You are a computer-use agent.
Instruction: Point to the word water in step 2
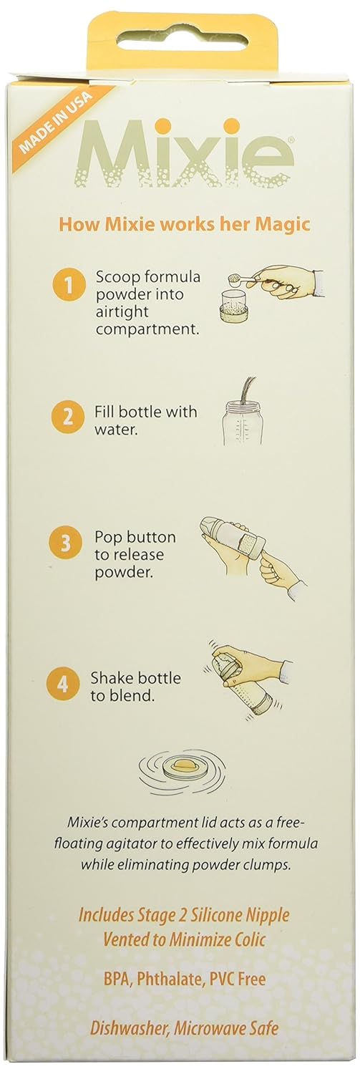click(114, 431)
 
